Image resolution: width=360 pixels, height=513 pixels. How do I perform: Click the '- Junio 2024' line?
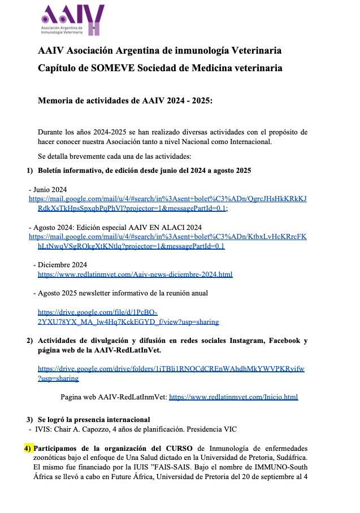point(48,190)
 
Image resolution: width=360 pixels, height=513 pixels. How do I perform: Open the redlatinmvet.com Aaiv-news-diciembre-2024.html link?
point(135,274)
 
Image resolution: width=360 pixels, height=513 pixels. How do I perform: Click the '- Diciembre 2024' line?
point(60,264)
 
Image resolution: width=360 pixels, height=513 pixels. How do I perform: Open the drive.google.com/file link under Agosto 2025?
point(128,318)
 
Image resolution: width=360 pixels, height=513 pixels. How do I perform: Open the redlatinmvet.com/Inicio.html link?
point(233,397)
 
